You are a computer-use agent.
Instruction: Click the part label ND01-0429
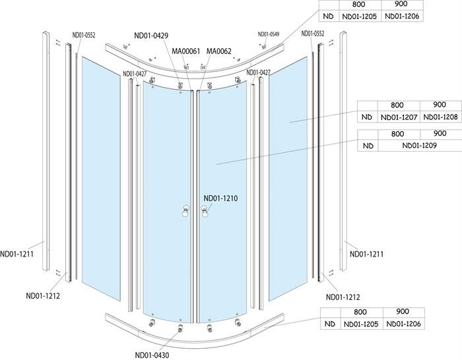151,36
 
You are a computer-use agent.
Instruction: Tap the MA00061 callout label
186,51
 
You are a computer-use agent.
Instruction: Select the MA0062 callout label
219,51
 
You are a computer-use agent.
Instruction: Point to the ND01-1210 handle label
220,198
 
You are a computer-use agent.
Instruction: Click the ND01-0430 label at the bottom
152,355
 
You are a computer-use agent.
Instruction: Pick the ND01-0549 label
269,34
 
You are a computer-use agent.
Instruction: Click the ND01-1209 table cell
419,146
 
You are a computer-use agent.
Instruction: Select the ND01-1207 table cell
399,117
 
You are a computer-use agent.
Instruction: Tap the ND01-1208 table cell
440,117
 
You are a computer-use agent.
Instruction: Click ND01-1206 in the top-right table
402,16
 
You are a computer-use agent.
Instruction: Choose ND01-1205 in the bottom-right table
361,324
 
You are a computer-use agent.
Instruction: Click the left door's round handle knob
185,211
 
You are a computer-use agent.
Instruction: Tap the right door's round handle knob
204,211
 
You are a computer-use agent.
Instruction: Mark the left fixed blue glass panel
101,179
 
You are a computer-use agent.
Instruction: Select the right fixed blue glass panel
288,179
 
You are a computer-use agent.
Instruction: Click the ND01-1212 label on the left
43,295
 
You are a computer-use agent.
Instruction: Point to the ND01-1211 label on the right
366,254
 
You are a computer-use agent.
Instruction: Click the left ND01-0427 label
135,74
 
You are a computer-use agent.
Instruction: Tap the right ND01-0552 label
313,34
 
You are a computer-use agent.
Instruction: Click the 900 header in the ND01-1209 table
440,133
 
